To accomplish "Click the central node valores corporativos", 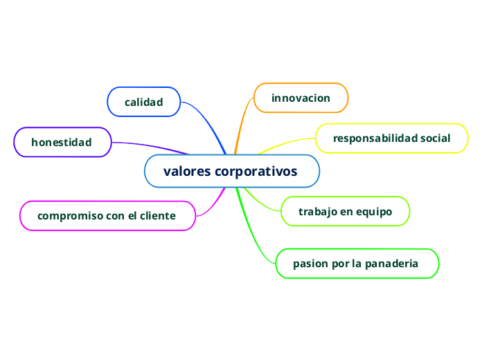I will [232, 171].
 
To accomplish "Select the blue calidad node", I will [143, 102].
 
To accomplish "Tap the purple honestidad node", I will [62, 142].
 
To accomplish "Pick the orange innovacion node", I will [301, 98].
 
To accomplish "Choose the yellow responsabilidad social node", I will [391, 138].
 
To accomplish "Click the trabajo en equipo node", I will [345, 211].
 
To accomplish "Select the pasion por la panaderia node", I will [356, 264].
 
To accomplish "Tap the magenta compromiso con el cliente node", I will [107, 215].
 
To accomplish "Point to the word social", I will [435, 138].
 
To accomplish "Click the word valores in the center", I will [186, 171].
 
